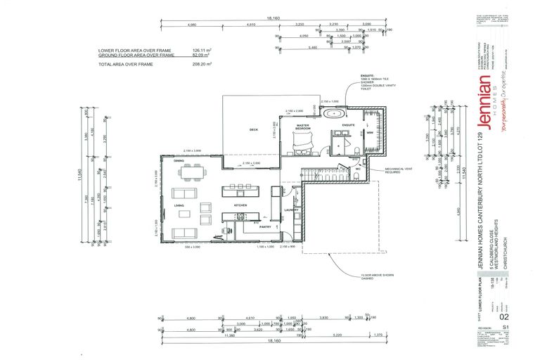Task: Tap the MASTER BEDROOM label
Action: point(304,127)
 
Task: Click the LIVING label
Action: point(179,205)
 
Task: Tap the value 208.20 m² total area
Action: point(202,64)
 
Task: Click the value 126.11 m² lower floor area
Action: point(202,51)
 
